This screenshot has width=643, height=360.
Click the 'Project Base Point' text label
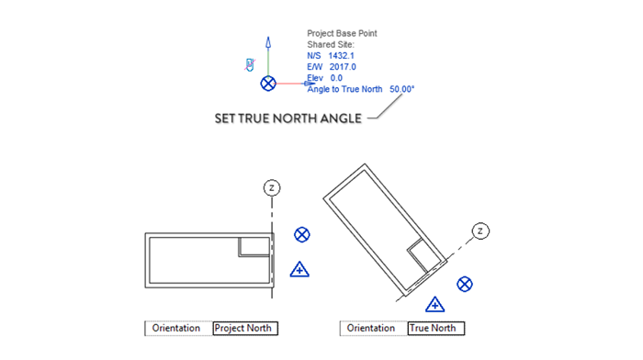click(x=342, y=34)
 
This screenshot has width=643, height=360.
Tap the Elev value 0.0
click(x=336, y=78)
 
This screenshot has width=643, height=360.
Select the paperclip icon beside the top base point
click(x=248, y=63)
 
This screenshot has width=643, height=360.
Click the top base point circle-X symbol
click(x=268, y=84)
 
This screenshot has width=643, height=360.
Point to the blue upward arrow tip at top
click(x=268, y=41)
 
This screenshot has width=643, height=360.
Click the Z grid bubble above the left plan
click(x=272, y=187)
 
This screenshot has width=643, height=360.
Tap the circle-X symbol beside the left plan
click(x=301, y=235)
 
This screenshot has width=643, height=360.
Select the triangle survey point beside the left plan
click(x=299, y=269)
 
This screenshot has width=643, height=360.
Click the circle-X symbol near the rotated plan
click(x=466, y=284)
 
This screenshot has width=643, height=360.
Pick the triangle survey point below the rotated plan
click(x=436, y=304)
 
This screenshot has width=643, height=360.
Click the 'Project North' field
click(x=244, y=328)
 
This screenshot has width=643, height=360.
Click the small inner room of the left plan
click(x=253, y=245)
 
